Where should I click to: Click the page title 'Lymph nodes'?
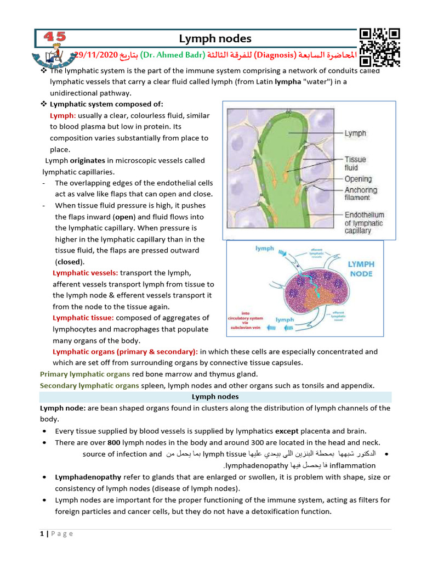tap(215, 38)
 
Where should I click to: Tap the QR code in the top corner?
tap(380, 46)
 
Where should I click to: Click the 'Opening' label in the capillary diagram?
tap(358, 179)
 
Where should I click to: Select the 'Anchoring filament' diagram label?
tap(361, 194)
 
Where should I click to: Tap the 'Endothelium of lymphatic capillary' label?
tap(364, 223)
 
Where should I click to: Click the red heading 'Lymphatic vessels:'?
tap(85, 273)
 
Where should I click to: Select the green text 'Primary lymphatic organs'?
tap(85, 374)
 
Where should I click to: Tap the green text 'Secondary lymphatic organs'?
tap(89, 386)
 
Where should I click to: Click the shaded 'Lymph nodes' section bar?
tap(215, 397)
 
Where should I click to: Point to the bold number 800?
tap(113, 442)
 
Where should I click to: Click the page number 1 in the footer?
tap(42, 533)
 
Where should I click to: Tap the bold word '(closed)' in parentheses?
tap(70, 262)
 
